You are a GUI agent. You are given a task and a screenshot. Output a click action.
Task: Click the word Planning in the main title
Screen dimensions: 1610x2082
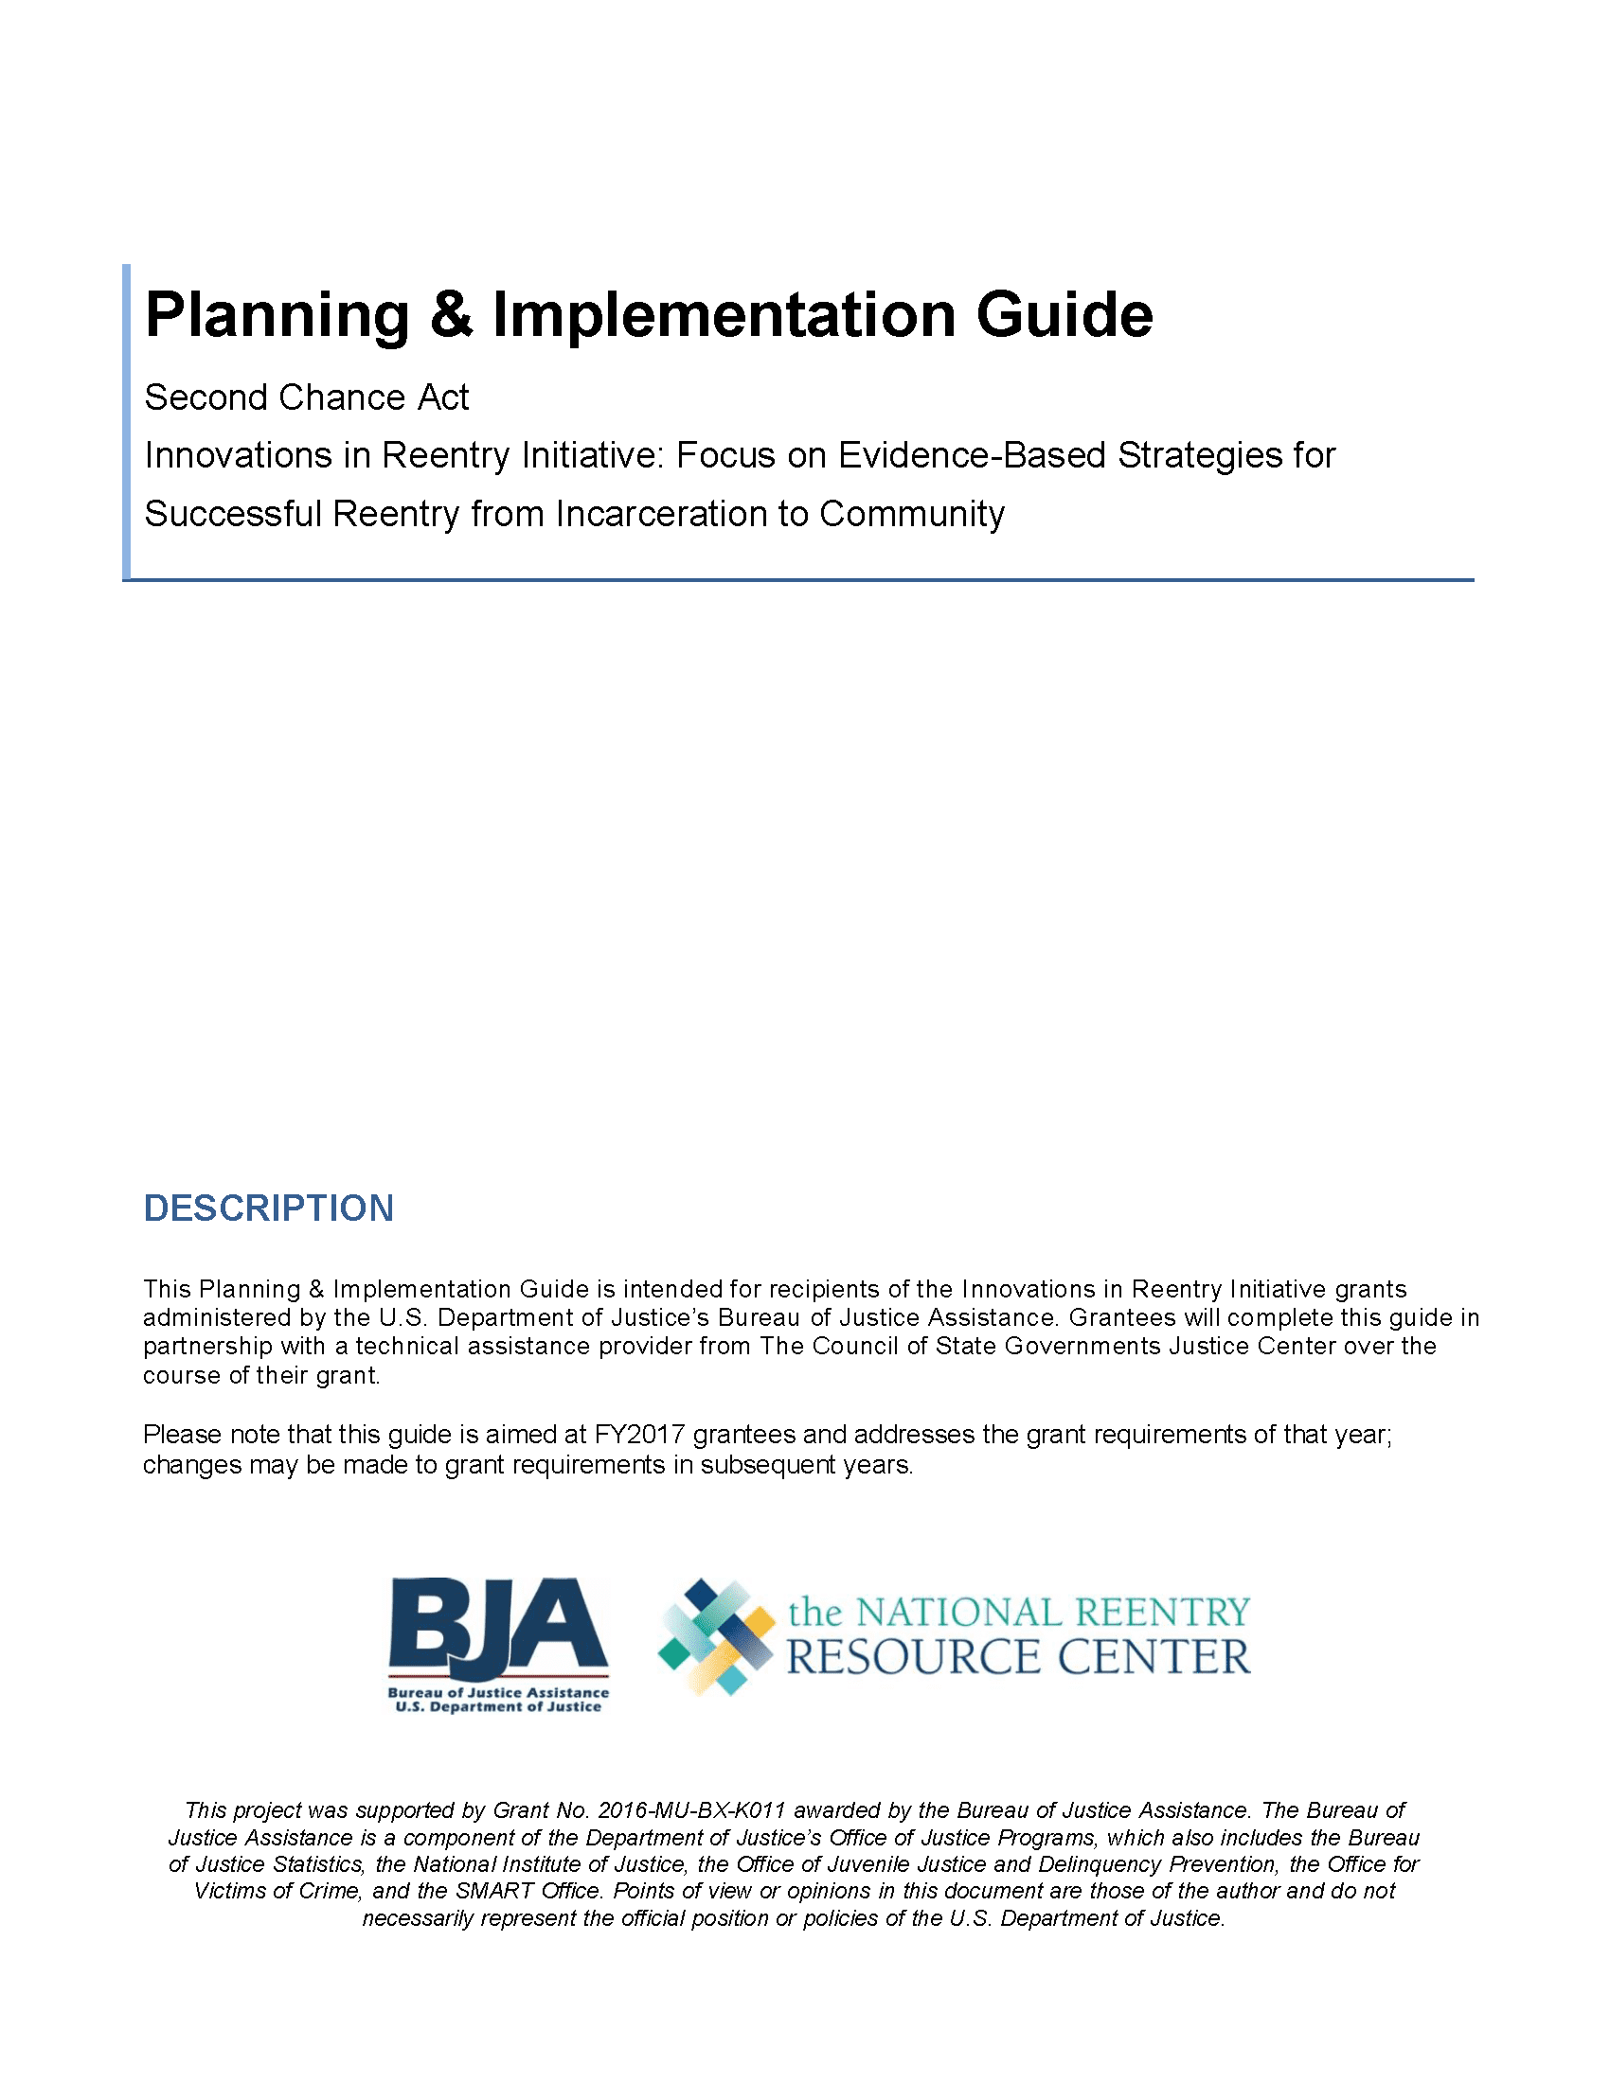(x=277, y=315)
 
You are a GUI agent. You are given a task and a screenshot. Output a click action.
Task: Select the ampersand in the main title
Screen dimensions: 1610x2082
(x=450, y=315)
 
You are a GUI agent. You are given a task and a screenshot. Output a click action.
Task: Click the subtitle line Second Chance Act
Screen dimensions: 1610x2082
(x=306, y=397)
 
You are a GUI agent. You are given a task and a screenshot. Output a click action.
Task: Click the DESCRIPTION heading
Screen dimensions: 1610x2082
(x=268, y=1208)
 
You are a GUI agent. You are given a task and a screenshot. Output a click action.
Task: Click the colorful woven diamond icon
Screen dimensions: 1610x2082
(x=715, y=1637)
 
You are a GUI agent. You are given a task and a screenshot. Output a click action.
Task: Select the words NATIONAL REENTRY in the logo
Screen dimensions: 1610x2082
(x=1053, y=1612)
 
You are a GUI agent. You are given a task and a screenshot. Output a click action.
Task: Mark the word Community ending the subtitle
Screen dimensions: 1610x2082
(x=912, y=514)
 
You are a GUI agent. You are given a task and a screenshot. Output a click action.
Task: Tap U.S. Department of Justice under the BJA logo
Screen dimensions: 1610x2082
(x=498, y=1706)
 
